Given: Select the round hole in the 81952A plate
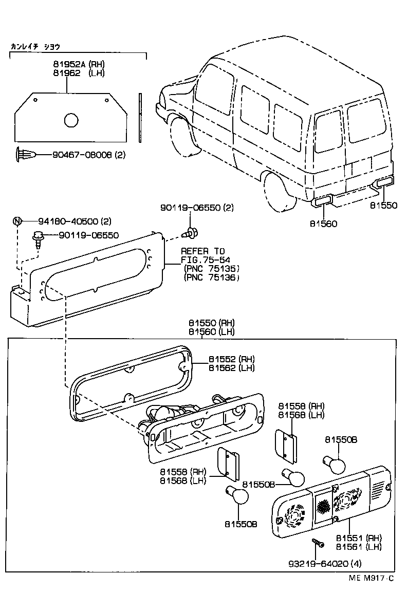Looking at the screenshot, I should point(71,120).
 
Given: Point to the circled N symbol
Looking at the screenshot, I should point(17,221).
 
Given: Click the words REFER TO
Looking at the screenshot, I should point(202,251).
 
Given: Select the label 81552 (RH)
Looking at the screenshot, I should point(231,359).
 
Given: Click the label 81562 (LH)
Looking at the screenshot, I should point(231,368).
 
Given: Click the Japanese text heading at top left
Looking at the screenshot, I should point(35,46).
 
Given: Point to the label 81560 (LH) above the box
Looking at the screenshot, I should point(211,331).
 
